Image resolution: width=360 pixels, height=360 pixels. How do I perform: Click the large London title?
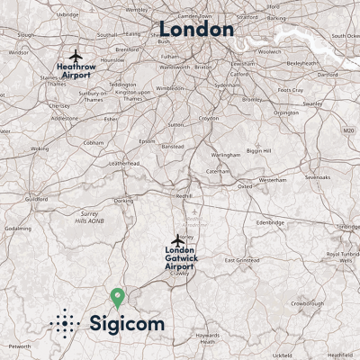196,29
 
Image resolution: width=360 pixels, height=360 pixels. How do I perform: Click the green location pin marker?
116,296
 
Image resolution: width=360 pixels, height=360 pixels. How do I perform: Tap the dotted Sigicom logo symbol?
65,323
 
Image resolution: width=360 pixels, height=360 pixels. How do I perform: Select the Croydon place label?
209,118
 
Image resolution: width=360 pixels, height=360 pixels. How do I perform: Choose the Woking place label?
40,148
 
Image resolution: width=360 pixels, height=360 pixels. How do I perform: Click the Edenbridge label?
270,221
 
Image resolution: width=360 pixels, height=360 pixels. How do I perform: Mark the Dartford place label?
328,75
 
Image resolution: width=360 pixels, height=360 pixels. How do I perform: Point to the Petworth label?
20,346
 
